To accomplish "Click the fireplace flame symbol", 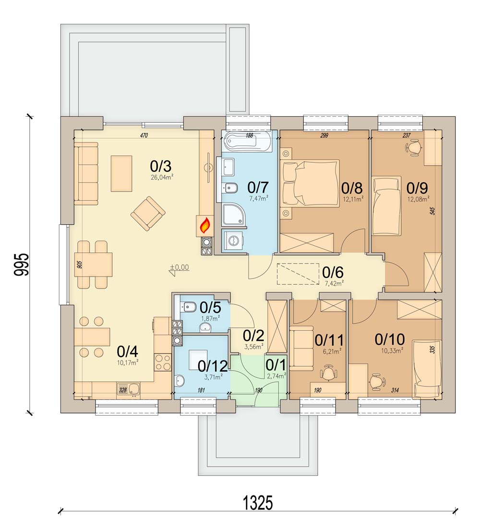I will click(x=204, y=225).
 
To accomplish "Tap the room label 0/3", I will click(x=160, y=167).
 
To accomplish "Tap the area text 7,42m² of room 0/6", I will click(x=333, y=283).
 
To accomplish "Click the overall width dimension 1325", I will click(x=257, y=503).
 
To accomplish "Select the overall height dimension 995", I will click(x=22, y=264).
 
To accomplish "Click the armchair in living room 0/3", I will click(x=148, y=213).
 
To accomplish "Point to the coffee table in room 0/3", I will click(x=121, y=173).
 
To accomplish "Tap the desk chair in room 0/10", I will click(x=377, y=381).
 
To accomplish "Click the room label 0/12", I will click(x=212, y=366).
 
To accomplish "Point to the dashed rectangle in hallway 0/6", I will click(x=297, y=274).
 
